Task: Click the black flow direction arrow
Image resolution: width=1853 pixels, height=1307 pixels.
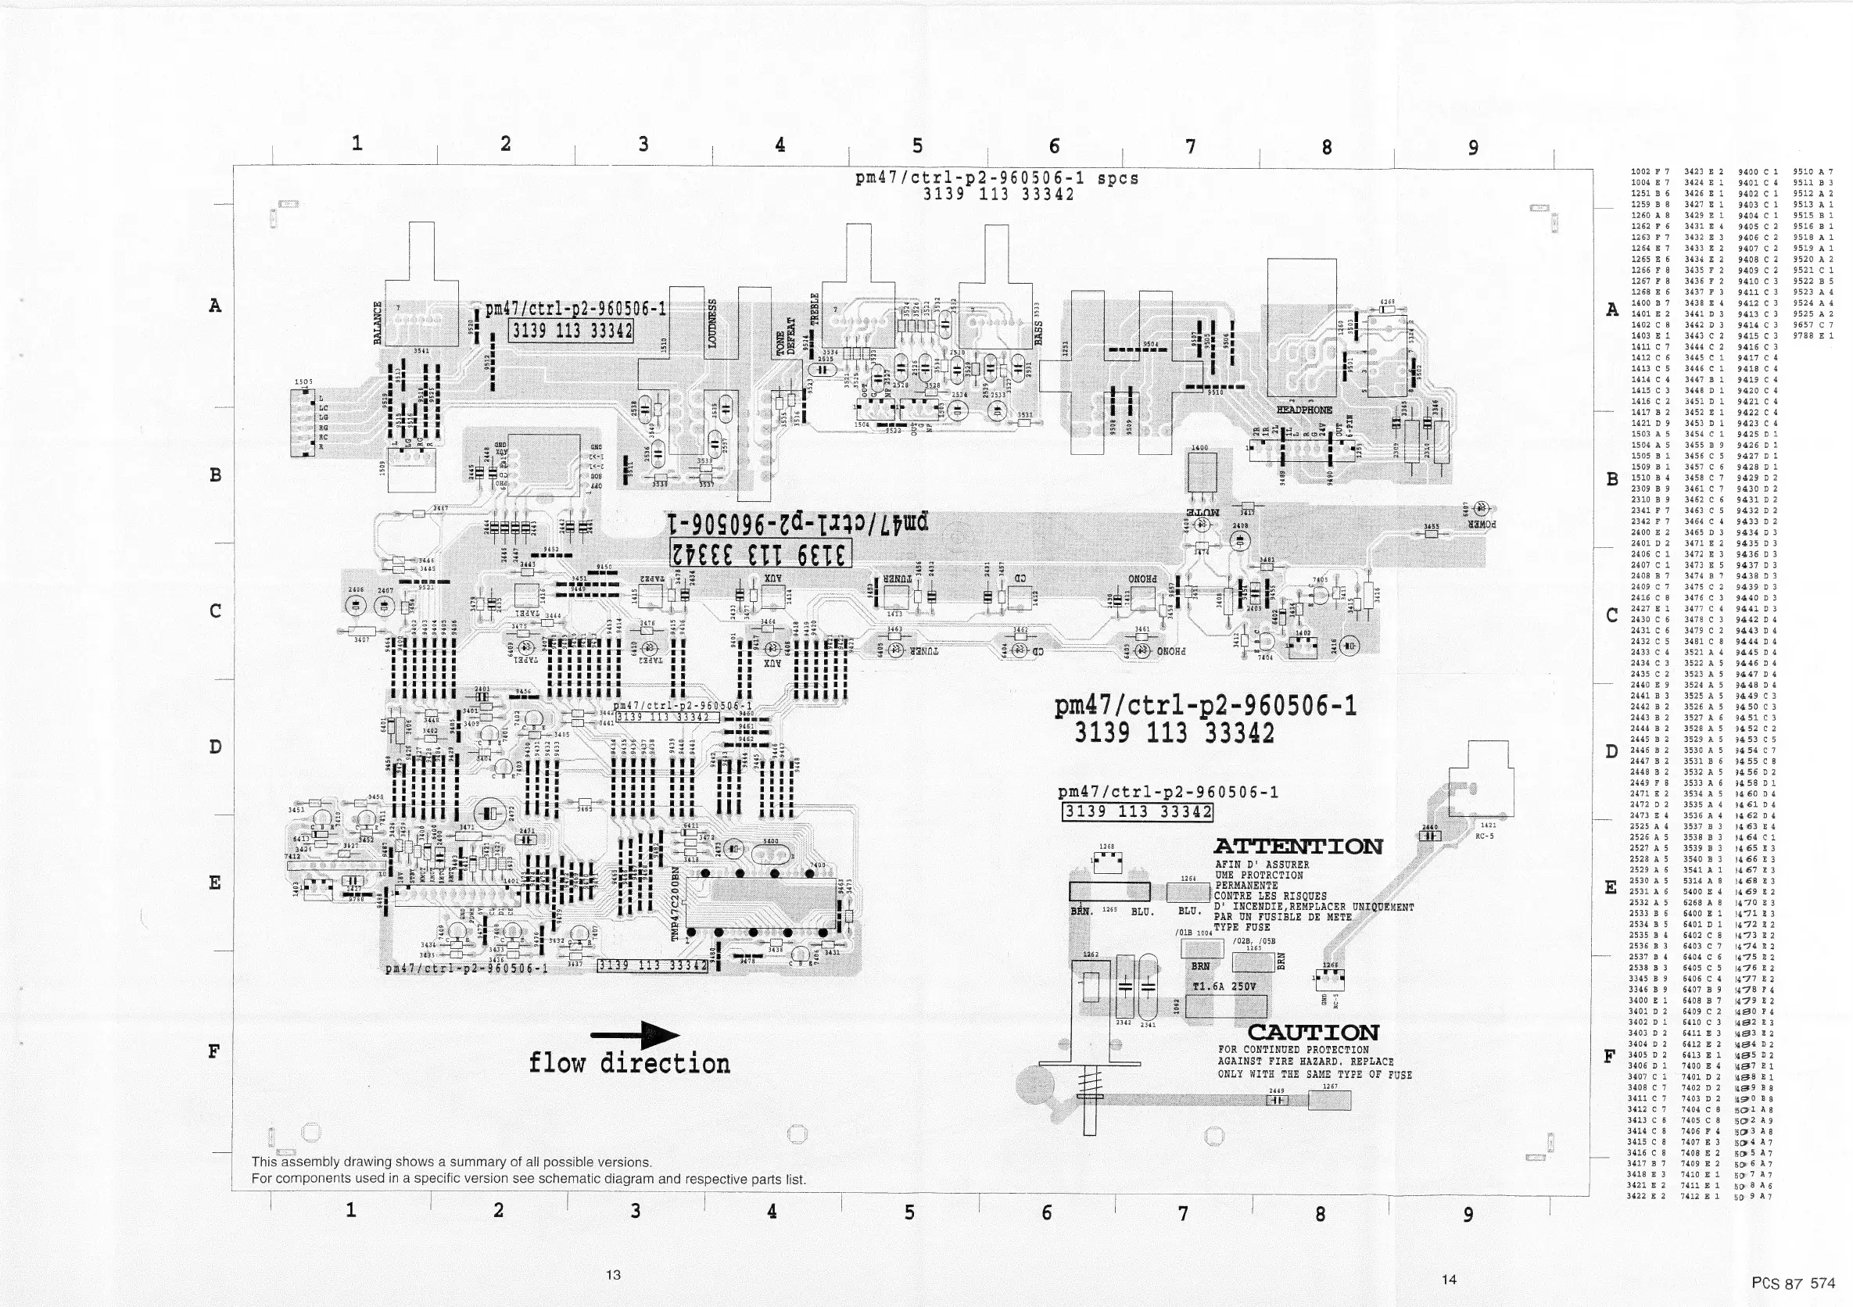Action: click(636, 1035)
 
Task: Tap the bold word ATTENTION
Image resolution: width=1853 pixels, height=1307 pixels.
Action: click(1298, 847)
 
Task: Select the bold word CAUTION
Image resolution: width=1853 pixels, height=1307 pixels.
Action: click(1313, 1033)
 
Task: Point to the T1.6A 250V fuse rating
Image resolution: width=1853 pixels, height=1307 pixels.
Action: click(1224, 986)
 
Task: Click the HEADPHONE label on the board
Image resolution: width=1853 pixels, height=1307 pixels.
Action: click(1304, 410)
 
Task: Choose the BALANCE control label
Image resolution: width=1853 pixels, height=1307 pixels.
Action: click(377, 323)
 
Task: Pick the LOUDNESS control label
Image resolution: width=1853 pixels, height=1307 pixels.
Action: click(712, 324)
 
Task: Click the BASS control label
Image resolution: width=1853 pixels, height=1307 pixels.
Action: click(1038, 331)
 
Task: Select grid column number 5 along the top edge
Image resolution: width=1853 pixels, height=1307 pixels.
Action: click(918, 145)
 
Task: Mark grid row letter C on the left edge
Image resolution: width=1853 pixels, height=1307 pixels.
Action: click(215, 611)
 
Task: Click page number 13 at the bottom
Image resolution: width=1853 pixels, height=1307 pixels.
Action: click(613, 1275)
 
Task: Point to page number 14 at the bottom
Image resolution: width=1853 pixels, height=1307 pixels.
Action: click(1449, 1279)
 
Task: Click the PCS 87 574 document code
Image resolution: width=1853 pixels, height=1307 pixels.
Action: click(1794, 1283)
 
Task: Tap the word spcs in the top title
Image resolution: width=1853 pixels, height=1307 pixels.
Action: click(1118, 178)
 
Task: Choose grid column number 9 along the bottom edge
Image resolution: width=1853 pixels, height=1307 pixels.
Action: click(1468, 1214)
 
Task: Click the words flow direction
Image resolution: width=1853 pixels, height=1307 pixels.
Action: click(629, 1063)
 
